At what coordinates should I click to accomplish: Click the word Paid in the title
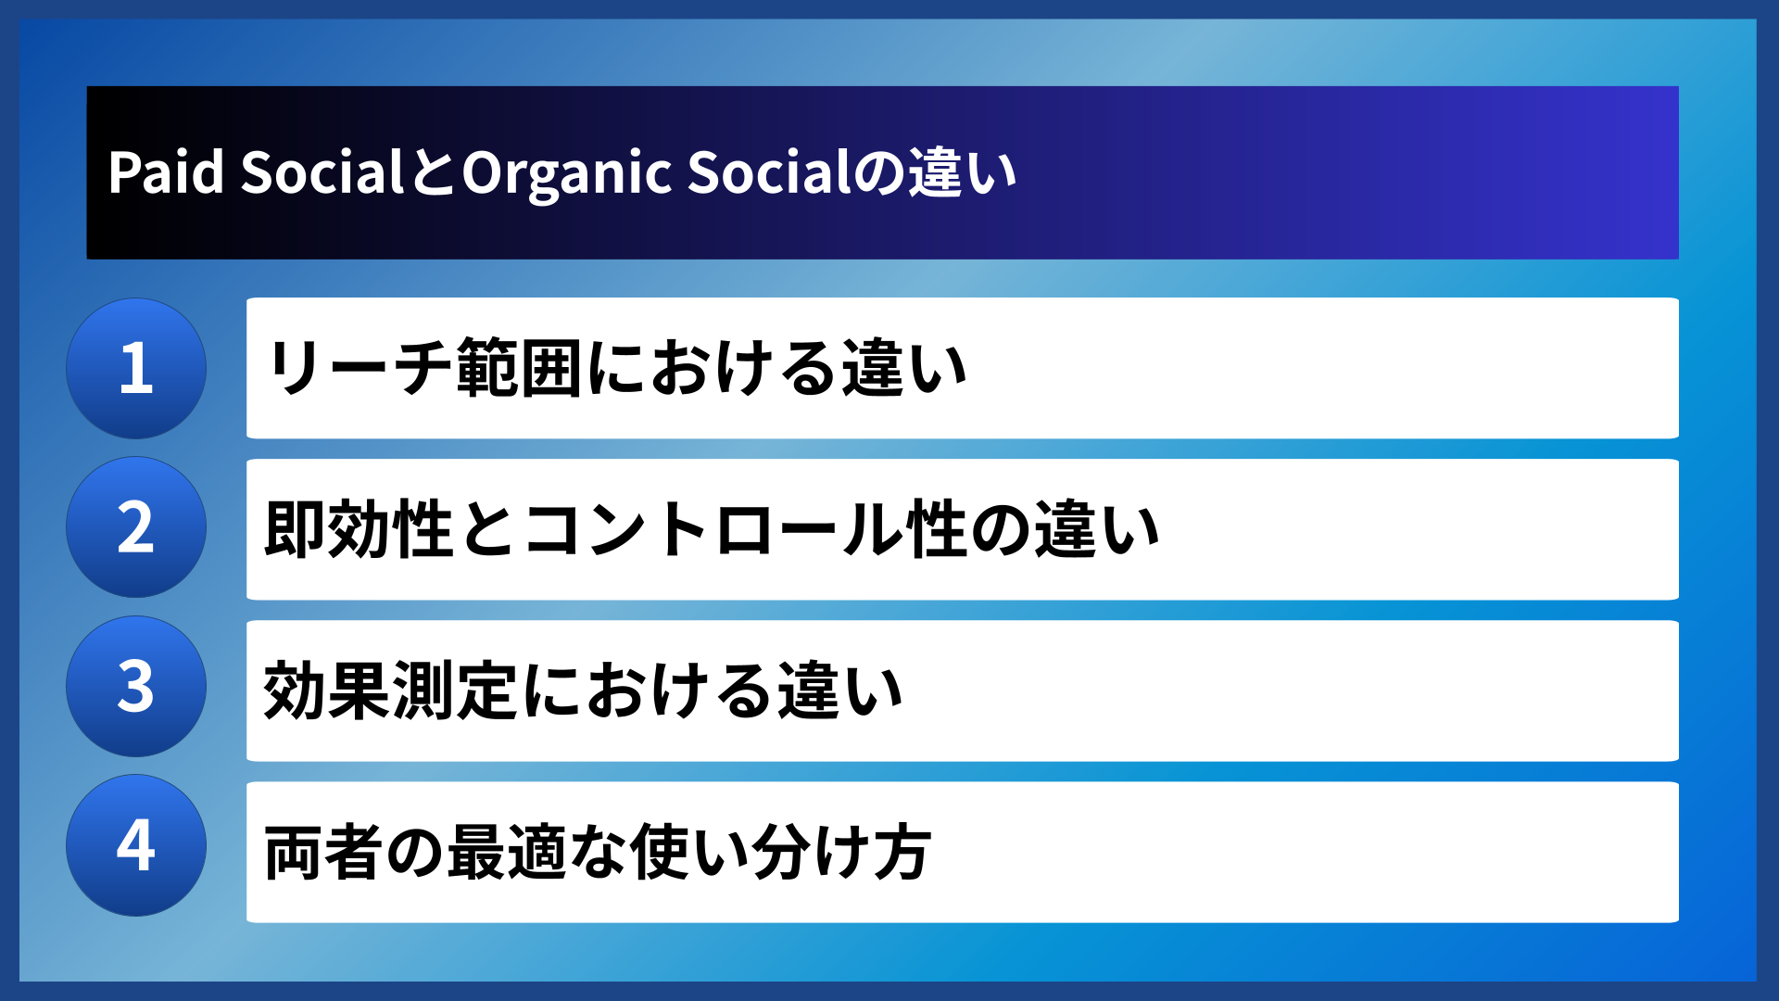tap(166, 172)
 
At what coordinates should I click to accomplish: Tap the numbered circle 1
tap(136, 368)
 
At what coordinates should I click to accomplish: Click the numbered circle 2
tap(136, 527)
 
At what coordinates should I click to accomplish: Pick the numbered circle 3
tap(136, 687)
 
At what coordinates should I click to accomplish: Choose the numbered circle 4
tap(136, 845)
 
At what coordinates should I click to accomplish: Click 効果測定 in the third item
tap(390, 691)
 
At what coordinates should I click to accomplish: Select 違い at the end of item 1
tap(903, 368)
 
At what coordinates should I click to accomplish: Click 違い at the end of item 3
tap(839, 691)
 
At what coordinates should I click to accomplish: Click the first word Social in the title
tap(322, 172)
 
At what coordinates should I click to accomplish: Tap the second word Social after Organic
tap(768, 172)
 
